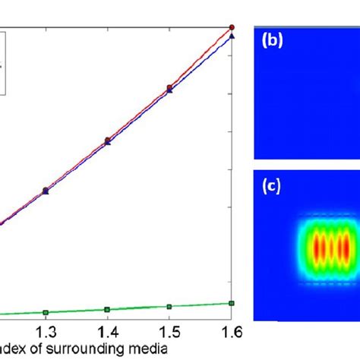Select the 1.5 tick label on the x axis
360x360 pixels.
click(169, 331)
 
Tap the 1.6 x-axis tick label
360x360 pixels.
click(229, 331)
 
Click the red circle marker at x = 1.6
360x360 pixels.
click(232, 27)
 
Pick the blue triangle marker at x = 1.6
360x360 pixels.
click(232, 36)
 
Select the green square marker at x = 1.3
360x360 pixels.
click(46, 312)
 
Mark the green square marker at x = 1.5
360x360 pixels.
click(169, 307)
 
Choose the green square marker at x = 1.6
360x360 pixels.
click(232, 303)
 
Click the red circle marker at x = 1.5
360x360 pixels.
click(169, 88)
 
